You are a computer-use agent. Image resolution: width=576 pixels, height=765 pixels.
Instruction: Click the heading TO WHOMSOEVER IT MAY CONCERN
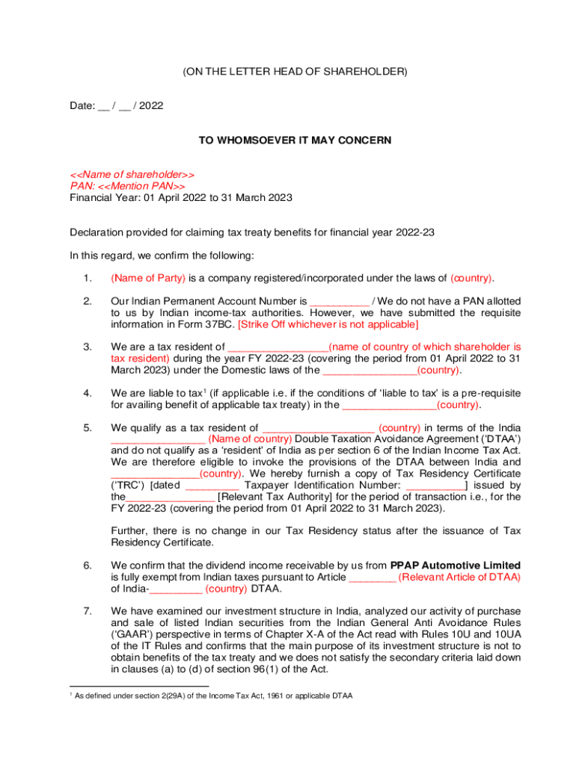click(x=295, y=140)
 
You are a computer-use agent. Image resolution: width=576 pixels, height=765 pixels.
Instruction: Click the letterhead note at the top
click(x=295, y=72)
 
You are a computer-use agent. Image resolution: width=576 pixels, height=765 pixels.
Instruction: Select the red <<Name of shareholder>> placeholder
click(x=132, y=174)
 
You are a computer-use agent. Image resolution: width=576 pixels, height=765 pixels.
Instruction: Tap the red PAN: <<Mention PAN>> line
click(x=127, y=186)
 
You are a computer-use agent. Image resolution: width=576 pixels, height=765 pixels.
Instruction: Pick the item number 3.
click(x=88, y=347)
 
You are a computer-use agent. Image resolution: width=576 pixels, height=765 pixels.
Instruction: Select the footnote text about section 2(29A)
click(x=213, y=696)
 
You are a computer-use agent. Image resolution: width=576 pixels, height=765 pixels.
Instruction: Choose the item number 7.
click(x=88, y=611)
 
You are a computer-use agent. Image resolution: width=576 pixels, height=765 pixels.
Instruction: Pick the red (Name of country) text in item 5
click(x=251, y=439)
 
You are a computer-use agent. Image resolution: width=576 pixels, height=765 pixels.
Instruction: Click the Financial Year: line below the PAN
click(x=181, y=198)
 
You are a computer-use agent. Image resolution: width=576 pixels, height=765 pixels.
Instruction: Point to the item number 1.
click(x=88, y=278)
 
